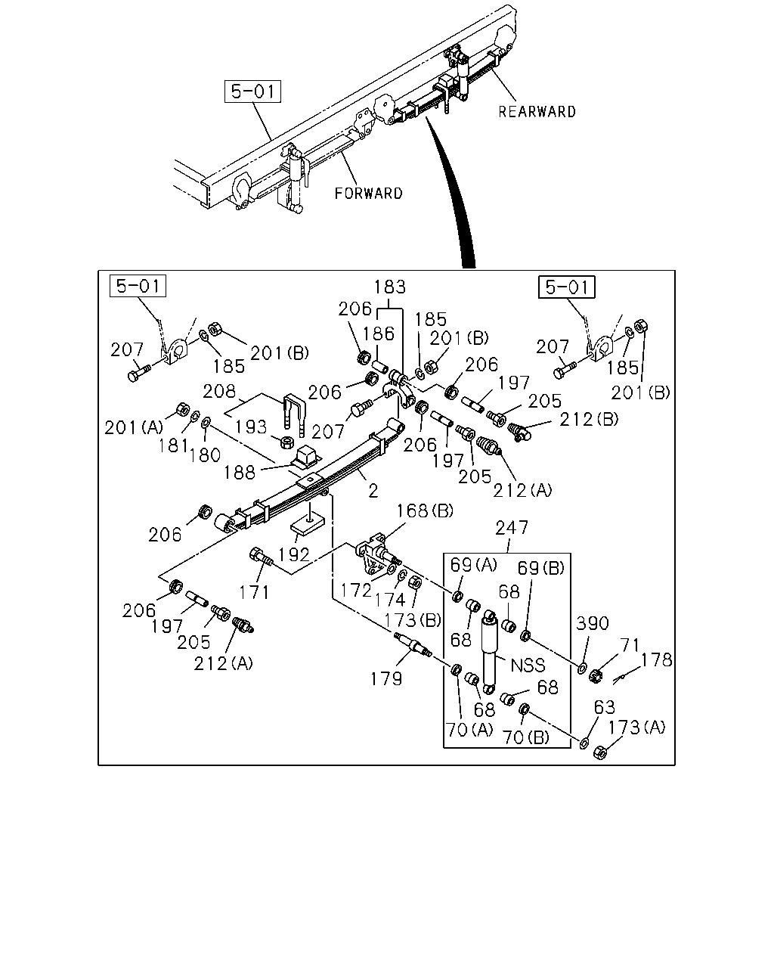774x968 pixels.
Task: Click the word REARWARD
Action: pos(537,112)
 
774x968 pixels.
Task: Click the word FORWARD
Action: pos(368,194)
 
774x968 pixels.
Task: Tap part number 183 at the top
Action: pos(390,287)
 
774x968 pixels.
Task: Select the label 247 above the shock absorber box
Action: pos(512,528)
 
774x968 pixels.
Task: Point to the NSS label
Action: pos(528,665)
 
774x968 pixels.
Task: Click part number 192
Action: pos(294,555)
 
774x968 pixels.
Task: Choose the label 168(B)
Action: pos(425,511)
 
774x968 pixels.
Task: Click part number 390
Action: pos(593,623)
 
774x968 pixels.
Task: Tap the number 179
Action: pos(386,679)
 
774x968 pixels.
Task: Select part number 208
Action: pos(219,392)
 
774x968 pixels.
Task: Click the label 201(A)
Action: pos(134,427)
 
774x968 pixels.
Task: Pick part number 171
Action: pos(254,593)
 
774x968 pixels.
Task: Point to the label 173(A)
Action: pos(637,728)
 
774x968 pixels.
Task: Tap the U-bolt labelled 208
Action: pos(294,415)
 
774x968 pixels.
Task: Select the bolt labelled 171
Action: pos(261,557)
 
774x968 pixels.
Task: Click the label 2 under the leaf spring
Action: pos(373,492)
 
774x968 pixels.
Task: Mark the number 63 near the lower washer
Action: pos(604,708)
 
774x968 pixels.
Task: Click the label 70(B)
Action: pos(526,737)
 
